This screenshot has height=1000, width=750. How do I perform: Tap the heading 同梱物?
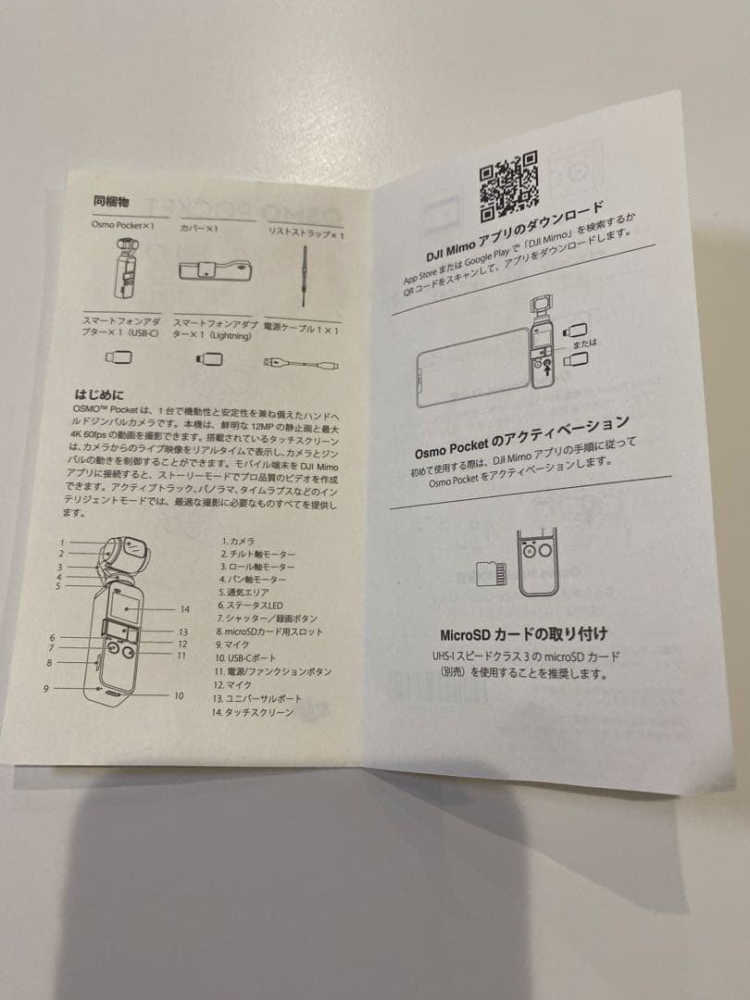(110, 200)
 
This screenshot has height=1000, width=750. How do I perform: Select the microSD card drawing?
(490, 575)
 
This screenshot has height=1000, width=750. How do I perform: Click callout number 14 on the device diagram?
(185, 609)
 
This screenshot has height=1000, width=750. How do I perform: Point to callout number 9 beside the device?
(45, 688)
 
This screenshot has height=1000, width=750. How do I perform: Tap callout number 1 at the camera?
(62, 543)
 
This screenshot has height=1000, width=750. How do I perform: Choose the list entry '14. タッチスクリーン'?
(253, 713)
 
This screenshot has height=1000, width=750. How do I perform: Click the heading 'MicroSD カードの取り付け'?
(523, 634)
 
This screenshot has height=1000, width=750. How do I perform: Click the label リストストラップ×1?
(305, 233)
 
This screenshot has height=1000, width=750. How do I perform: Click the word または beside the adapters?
(584, 344)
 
